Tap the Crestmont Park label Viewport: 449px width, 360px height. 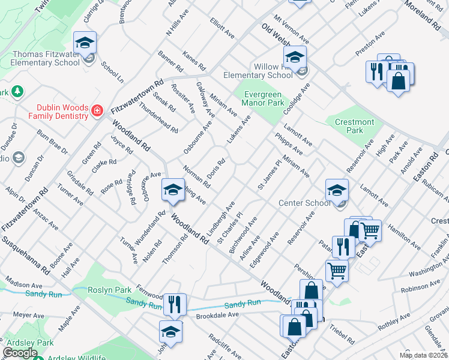coord(355,126)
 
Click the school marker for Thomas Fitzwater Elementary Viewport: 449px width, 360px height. coord(85,43)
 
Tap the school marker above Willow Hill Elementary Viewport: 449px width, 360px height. coord(295,57)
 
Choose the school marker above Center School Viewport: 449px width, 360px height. coord(337,190)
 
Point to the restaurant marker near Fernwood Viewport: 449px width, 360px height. coord(175,304)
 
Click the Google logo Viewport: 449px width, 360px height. coord(20,353)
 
